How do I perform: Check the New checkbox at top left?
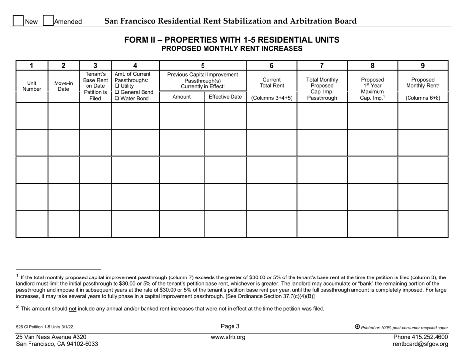pyautogui.click(x=18, y=22)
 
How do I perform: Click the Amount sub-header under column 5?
pyautogui.click(x=181, y=97)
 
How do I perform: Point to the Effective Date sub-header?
pyautogui.click(x=225, y=97)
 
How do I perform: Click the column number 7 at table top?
pyautogui.click(x=322, y=65)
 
